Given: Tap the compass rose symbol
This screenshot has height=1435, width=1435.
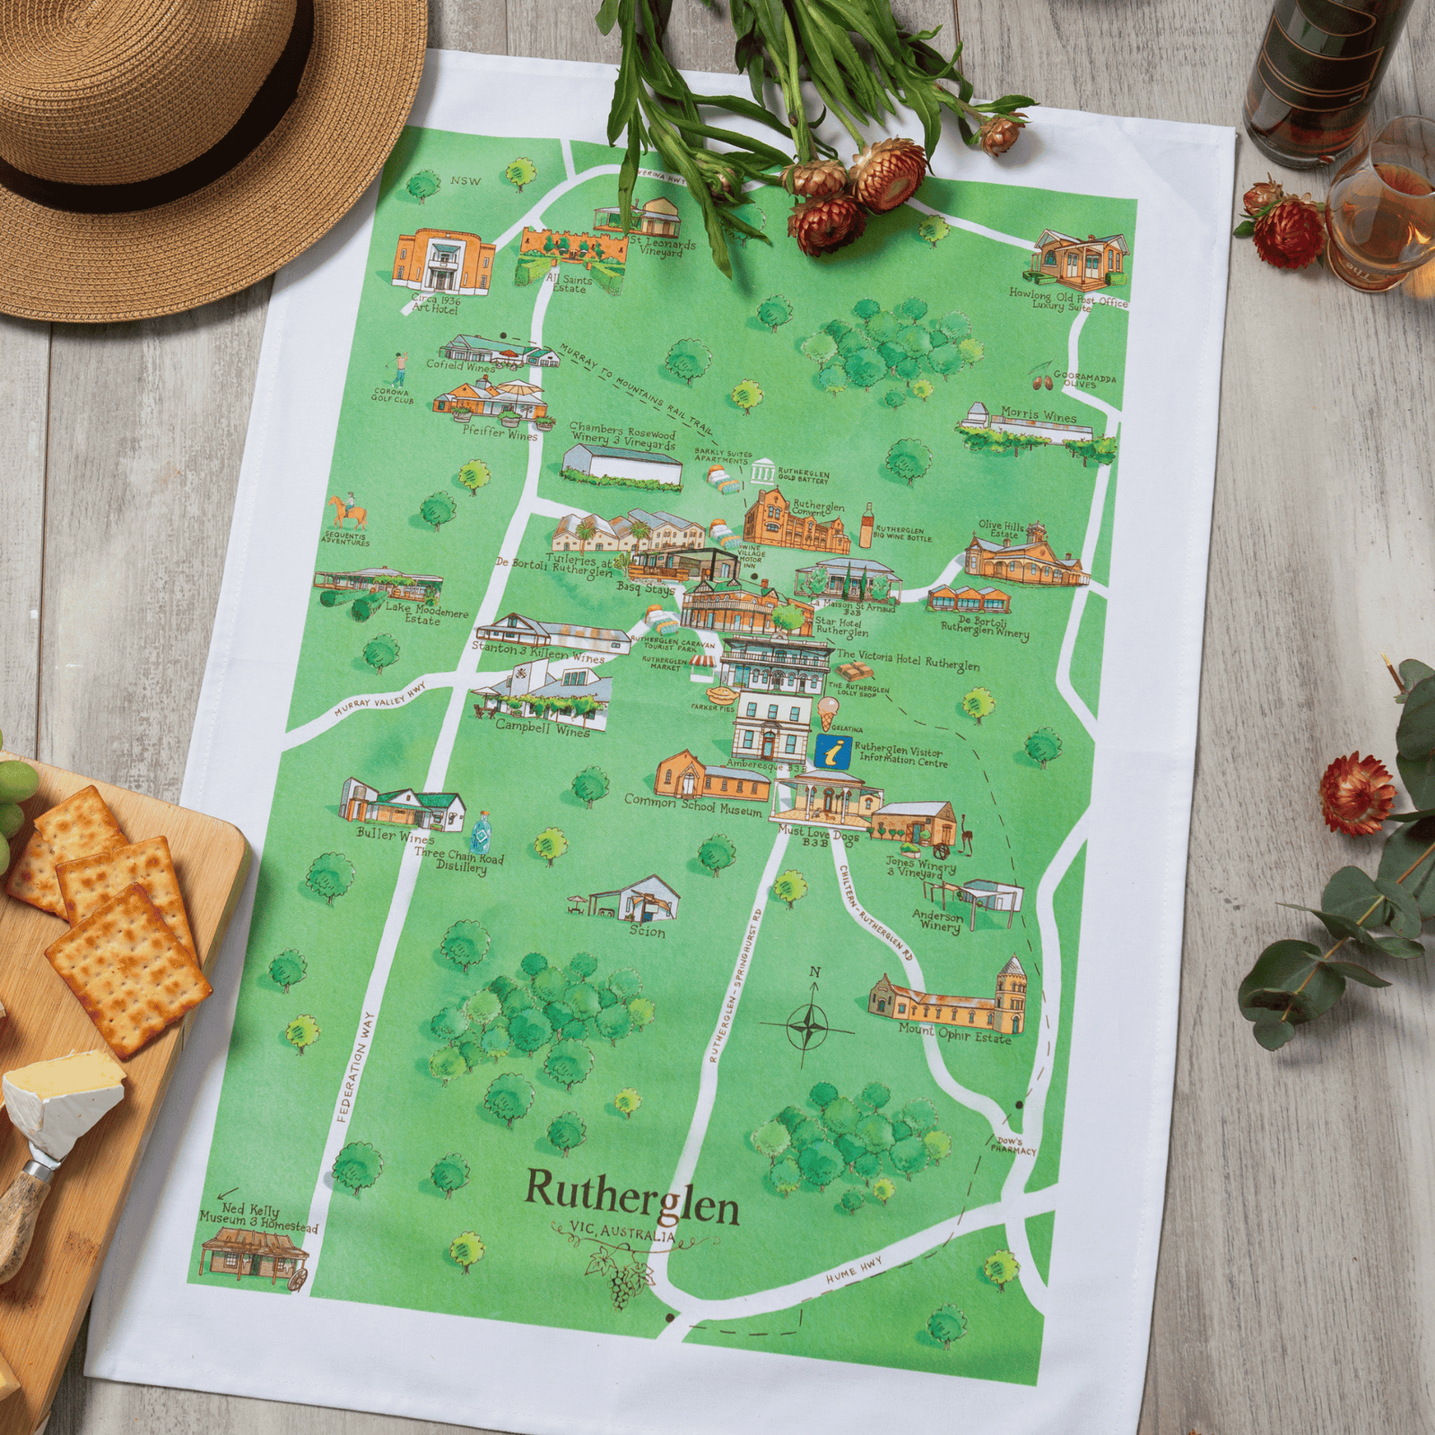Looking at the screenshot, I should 809,1022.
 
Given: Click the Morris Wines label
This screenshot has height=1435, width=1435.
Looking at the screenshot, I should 1039,416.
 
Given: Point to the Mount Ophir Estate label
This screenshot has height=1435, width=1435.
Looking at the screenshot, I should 954,1034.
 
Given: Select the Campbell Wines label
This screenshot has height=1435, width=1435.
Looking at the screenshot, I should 543,726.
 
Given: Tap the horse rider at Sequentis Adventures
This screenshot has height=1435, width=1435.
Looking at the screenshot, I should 347,513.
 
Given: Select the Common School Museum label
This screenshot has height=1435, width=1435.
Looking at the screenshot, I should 692,804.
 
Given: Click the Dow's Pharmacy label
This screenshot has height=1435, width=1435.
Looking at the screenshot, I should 1013,1145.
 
